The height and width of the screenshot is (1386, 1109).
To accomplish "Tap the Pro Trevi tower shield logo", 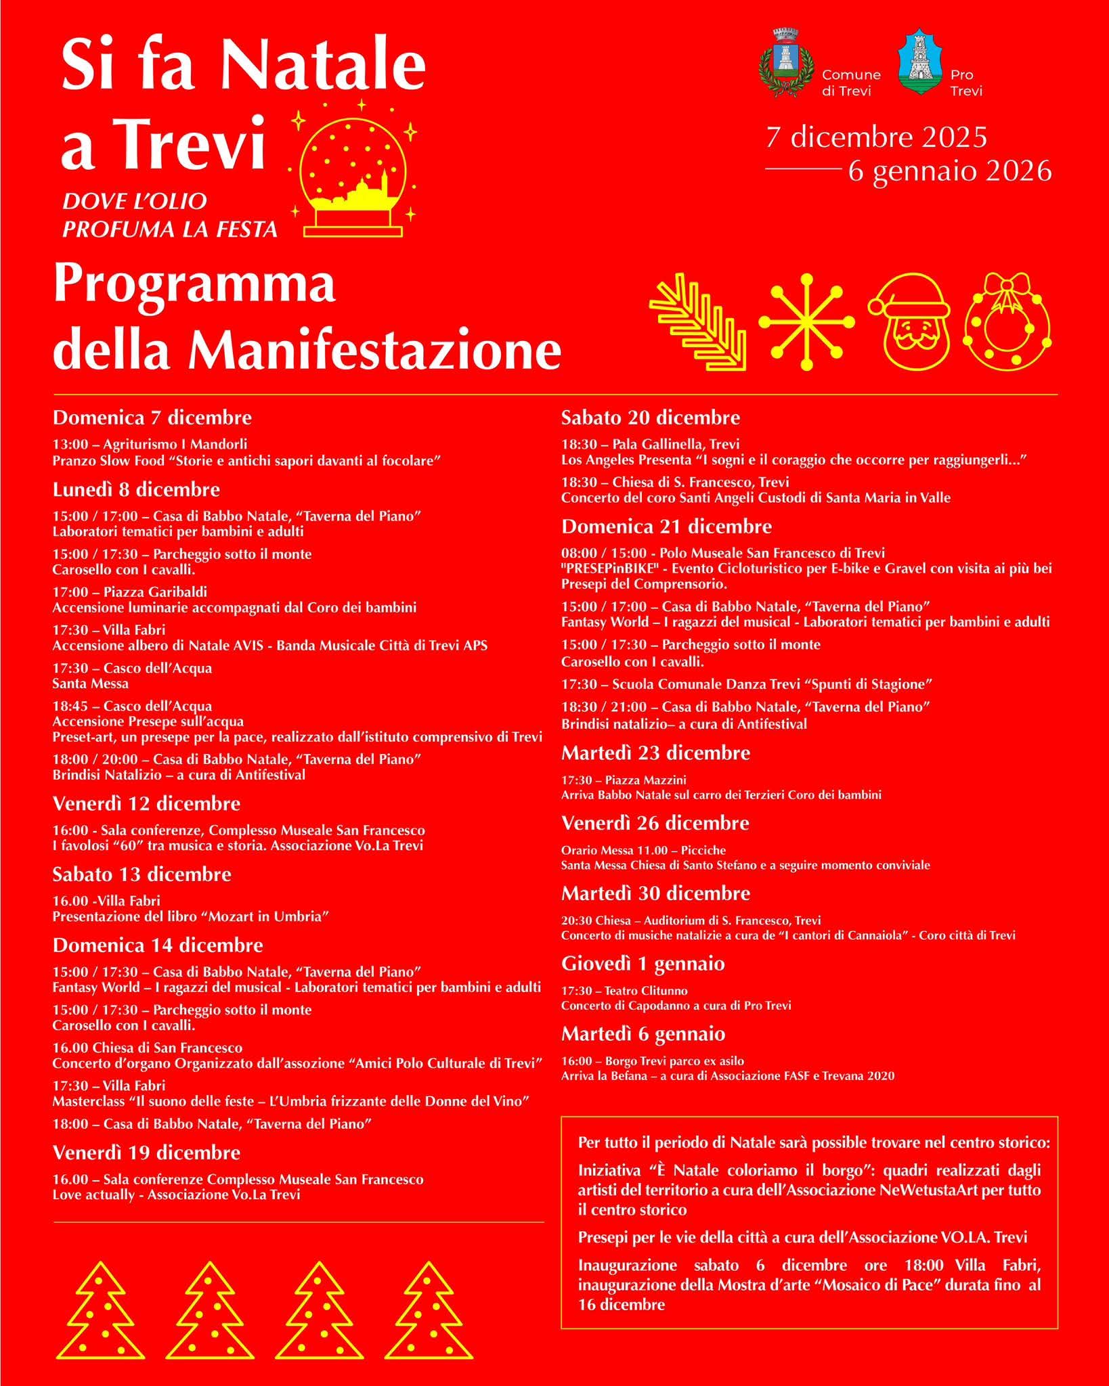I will tap(919, 62).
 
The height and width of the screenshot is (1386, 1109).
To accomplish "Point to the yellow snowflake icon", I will tap(806, 322).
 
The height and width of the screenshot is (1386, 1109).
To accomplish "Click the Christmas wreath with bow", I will tap(1007, 321).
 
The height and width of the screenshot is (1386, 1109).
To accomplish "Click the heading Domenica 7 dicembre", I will tap(152, 418).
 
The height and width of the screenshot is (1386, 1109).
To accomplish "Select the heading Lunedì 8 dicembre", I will tap(137, 489).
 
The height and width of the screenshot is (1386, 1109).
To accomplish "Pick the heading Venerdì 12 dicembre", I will tap(147, 804).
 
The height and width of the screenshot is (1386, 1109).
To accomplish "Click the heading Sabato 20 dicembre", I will tap(651, 418).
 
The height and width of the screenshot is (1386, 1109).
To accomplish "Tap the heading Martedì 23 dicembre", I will tap(655, 753).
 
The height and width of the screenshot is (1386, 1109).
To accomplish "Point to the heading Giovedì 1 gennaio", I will tap(643, 964).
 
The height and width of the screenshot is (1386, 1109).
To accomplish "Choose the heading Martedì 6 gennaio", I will tap(643, 1034).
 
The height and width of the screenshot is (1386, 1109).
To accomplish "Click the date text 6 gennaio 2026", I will tap(950, 172).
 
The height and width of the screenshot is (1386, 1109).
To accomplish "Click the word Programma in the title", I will tap(195, 285).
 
